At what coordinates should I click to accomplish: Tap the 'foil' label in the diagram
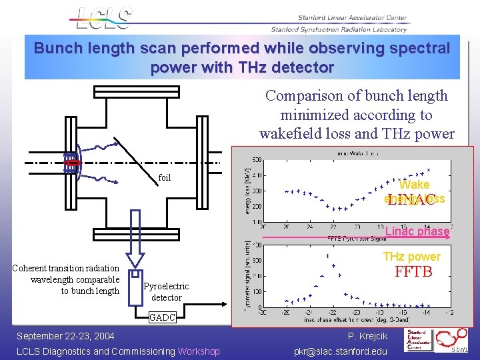[x=164, y=177]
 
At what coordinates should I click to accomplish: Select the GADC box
[x=163, y=317]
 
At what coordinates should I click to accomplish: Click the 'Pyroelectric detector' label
[x=166, y=291]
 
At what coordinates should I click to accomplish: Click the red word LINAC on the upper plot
[x=411, y=199]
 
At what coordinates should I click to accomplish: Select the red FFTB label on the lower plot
[x=413, y=271]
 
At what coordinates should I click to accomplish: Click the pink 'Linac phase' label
[x=417, y=231]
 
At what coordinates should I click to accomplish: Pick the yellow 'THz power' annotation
[x=411, y=257]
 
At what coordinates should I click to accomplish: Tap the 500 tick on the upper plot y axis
[x=257, y=159]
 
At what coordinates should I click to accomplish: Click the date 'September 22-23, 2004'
[x=65, y=336]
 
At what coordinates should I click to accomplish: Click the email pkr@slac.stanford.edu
[x=340, y=351]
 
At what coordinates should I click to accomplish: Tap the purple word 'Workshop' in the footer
[x=198, y=351]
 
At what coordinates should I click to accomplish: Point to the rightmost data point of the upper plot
[x=429, y=169]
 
